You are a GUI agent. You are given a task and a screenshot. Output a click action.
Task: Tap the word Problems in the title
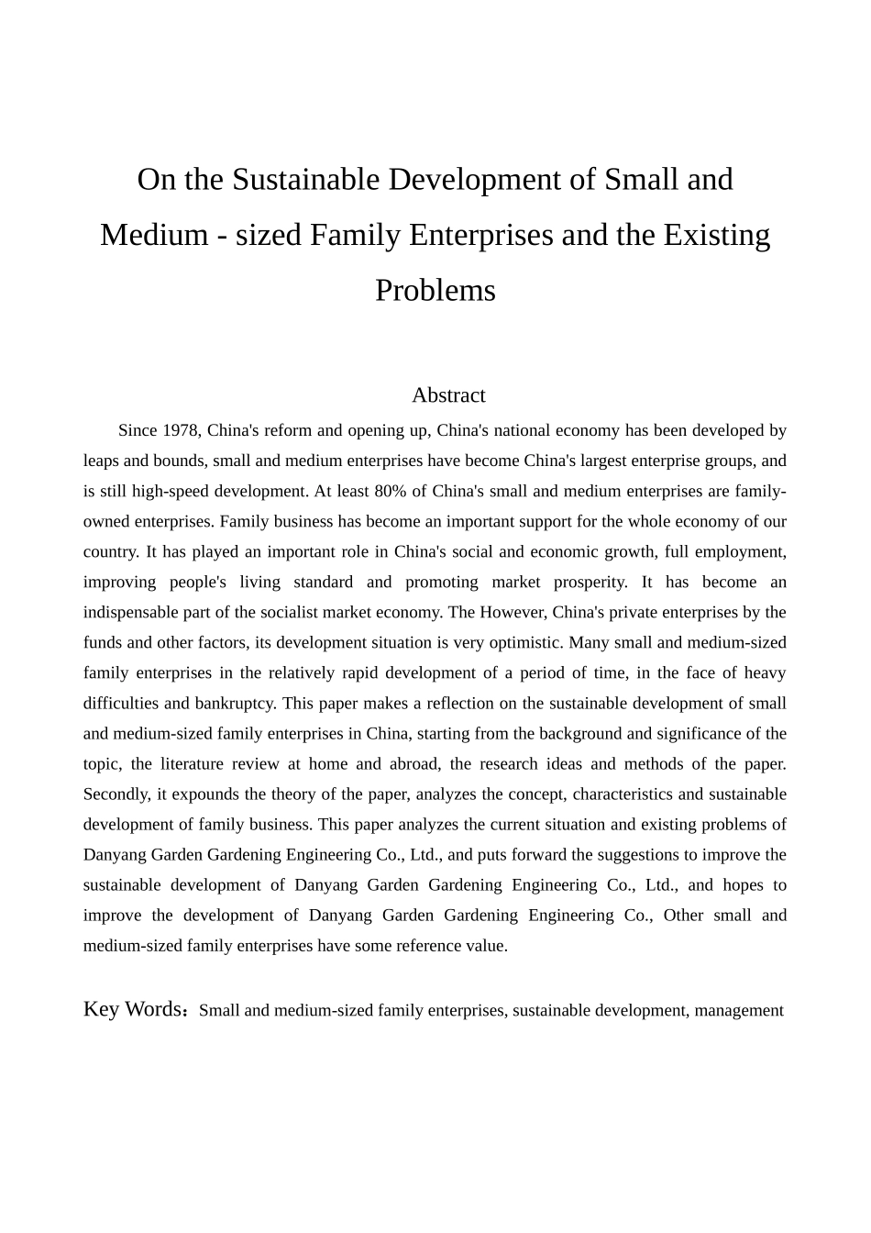pyautogui.click(x=435, y=290)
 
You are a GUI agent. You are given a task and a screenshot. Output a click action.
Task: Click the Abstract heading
pyautogui.click(x=448, y=395)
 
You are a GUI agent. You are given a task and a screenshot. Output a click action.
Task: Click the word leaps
pyautogui.click(x=102, y=461)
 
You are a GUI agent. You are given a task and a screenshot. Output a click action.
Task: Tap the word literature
pyautogui.click(x=192, y=763)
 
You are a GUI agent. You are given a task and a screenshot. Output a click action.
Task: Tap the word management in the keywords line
pyautogui.click(x=738, y=1010)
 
